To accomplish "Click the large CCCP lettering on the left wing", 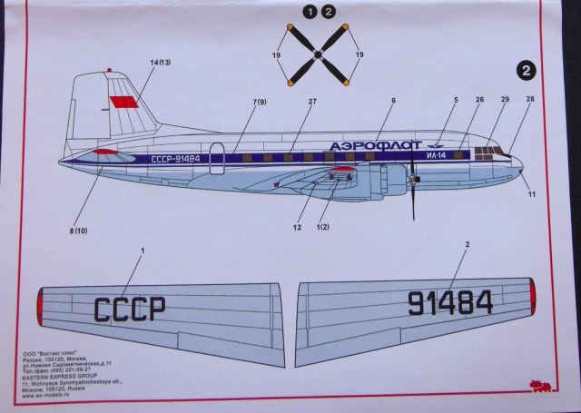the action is tap(130, 308).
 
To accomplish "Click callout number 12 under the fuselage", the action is tap(297, 227).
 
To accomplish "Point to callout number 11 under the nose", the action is tap(534, 193).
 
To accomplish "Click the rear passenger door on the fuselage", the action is tap(215, 155).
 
